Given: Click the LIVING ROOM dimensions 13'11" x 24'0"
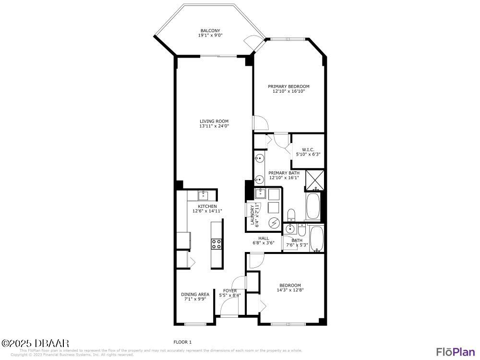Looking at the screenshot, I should pos(214,126).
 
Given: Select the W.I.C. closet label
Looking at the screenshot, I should pos(308,149).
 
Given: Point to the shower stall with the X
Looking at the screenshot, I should pos(315,180).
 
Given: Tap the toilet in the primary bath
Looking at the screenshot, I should pos(291,214).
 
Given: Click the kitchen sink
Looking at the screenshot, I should pos(204,195).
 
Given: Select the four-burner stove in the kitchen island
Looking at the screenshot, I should pos(216,243).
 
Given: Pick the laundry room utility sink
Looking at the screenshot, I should pos(260,194).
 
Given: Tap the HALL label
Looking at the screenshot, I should pos(264,238).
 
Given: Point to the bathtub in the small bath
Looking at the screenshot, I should pos(317,239).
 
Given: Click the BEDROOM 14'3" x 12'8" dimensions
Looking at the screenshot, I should pos(290,290).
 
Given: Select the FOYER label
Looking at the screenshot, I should pos(230,290).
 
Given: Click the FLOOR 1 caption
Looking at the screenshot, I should pos(182,342).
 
